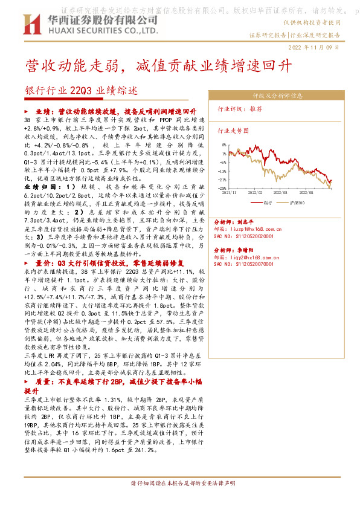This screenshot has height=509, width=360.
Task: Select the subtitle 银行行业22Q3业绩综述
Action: tap(82, 91)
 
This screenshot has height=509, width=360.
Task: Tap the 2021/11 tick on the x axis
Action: tap(231, 192)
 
